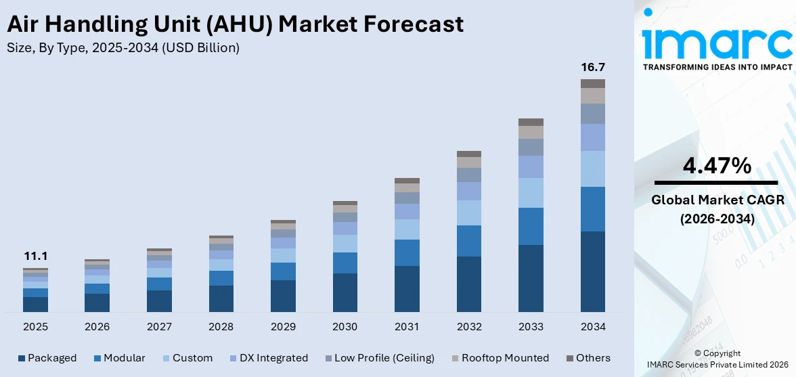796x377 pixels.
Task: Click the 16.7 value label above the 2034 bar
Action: point(593,67)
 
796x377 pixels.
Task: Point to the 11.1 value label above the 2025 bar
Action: point(35,256)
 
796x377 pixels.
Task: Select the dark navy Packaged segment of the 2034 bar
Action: point(593,271)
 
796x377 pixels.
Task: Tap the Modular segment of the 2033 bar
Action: point(531,226)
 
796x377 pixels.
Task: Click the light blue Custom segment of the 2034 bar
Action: point(593,169)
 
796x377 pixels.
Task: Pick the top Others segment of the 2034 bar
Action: point(593,83)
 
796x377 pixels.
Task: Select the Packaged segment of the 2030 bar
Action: point(345,292)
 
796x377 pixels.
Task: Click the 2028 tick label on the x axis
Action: point(221,327)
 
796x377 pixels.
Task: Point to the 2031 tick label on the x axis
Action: point(407,327)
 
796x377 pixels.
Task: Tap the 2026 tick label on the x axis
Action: point(97,327)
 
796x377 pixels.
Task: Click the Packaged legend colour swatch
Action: point(21,358)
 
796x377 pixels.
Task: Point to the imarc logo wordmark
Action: point(716,42)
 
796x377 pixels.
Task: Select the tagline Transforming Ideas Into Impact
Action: point(717,68)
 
